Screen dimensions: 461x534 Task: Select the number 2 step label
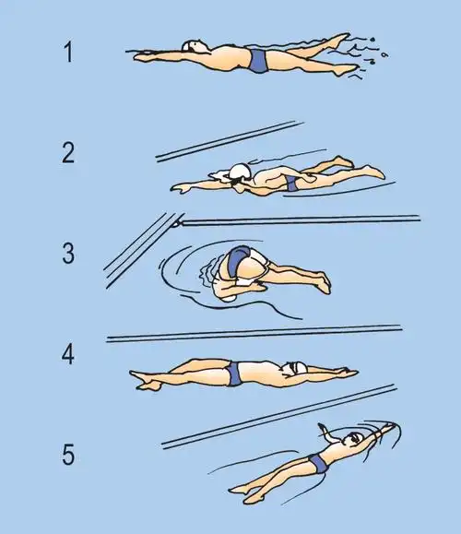coord(68,152)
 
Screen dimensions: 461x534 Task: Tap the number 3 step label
coord(68,254)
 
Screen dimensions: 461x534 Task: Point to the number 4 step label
coord(67,354)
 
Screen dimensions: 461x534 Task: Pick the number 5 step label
coord(68,455)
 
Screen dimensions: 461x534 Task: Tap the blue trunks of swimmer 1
coord(258,61)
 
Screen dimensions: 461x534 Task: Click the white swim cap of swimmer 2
coord(240,172)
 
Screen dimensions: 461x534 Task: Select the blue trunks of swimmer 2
coord(291,184)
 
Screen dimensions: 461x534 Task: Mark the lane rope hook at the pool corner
coord(176,224)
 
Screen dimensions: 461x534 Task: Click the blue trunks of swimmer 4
coord(234,374)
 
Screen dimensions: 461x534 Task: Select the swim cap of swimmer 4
coord(296,369)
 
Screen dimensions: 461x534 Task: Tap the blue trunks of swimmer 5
coord(319,464)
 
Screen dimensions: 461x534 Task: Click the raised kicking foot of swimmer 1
coord(340,39)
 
